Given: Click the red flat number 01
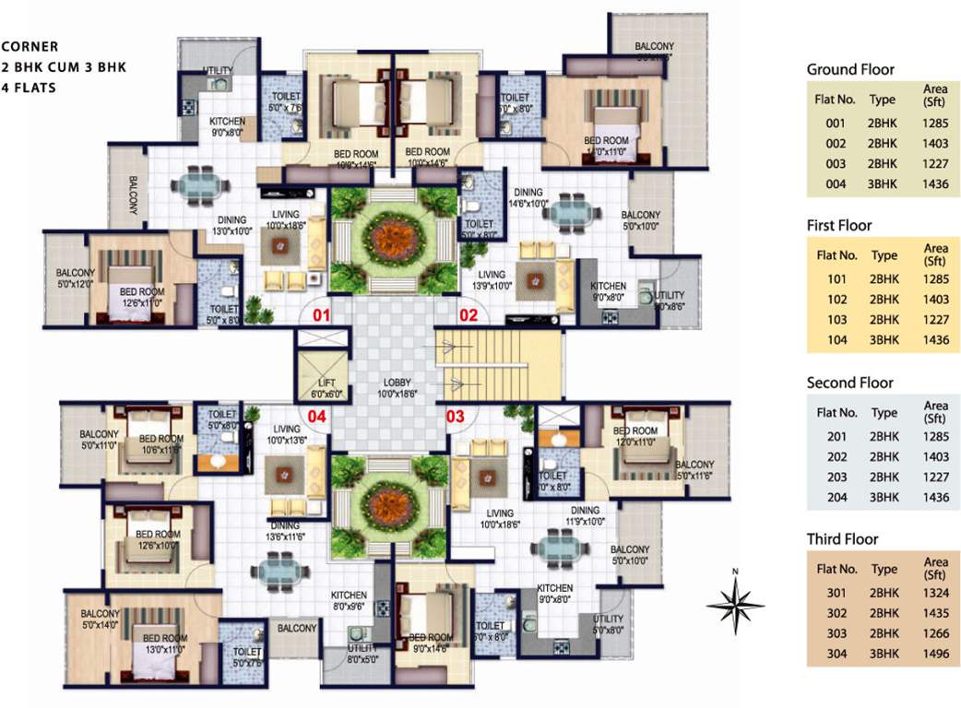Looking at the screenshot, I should click(x=321, y=315).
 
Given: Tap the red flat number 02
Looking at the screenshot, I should click(x=469, y=315).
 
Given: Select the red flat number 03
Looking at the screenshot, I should click(x=455, y=417).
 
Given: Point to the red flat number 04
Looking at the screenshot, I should click(x=316, y=417).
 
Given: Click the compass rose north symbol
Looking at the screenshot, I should click(x=735, y=604).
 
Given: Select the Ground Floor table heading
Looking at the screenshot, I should click(x=850, y=69).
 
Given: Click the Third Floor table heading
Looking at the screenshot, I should click(x=843, y=539).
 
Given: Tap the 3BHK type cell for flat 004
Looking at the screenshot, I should click(x=884, y=184).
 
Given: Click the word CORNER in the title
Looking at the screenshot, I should click(x=30, y=46).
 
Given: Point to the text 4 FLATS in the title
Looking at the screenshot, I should click(x=29, y=88).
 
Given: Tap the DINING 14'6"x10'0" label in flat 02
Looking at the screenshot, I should click(x=528, y=198).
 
